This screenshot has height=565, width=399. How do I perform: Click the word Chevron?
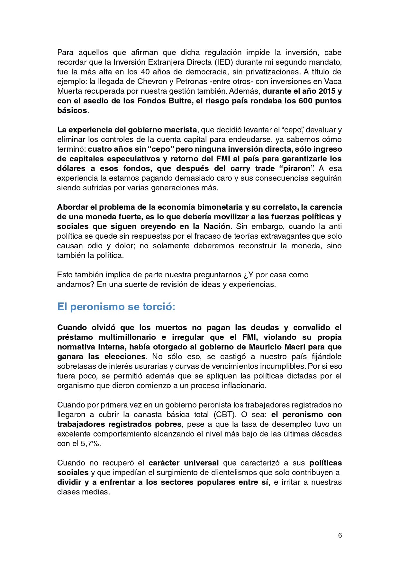click(x=153, y=81)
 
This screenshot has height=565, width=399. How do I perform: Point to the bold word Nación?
click(x=217, y=226)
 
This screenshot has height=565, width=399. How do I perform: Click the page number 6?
click(x=340, y=535)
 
